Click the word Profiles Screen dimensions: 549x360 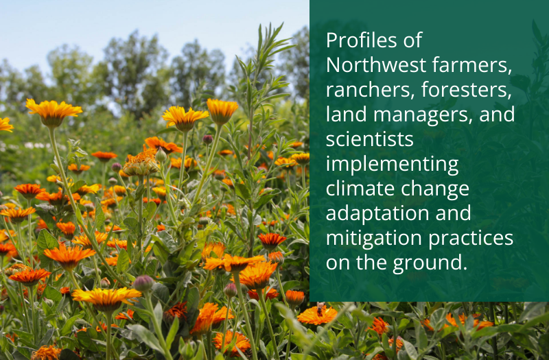click(362, 40)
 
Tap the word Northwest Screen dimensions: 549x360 click(376, 65)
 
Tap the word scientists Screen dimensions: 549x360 click(370, 139)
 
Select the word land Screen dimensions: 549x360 click(347, 115)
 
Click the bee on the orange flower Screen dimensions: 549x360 click(320, 309)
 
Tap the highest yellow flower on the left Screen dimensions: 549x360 click(54, 111)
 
